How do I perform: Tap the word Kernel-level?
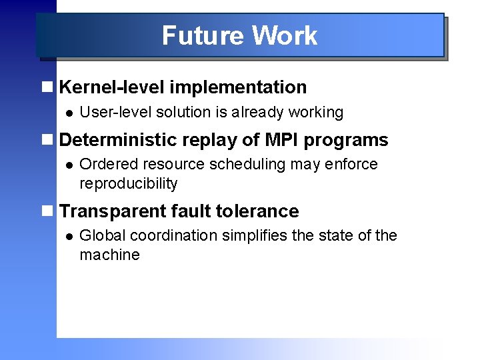click(112, 87)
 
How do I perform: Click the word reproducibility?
click(128, 183)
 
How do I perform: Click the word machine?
click(109, 255)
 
